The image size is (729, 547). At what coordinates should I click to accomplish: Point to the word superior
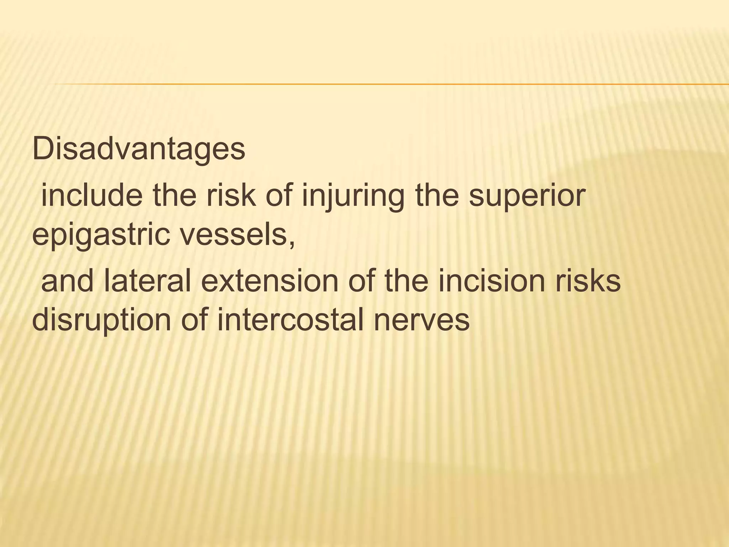[x=527, y=197]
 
